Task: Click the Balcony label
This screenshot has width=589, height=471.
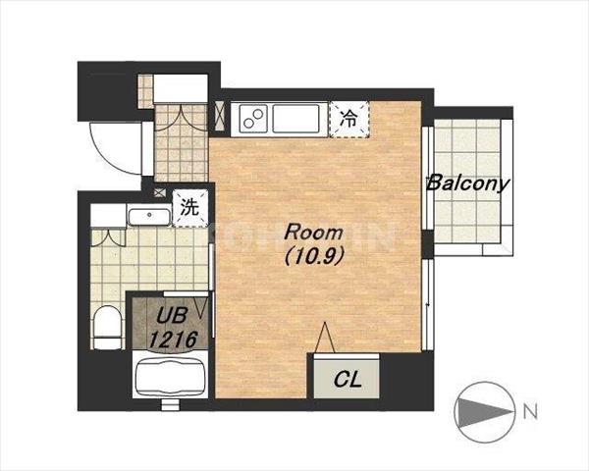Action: tap(468, 183)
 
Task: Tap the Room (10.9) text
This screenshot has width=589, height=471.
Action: tap(314, 244)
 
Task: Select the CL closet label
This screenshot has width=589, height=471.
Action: tap(348, 380)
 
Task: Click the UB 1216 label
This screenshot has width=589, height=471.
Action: tap(173, 328)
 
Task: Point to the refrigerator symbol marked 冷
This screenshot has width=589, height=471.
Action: tap(349, 119)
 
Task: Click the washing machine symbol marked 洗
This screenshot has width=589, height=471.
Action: tap(190, 208)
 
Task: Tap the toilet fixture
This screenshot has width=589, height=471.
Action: tap(107, 327)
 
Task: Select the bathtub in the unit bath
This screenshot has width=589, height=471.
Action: tap(171, 377)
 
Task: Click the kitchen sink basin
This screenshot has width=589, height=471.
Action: tap(296, 119)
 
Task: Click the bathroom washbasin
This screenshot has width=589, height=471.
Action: tap(149, 217)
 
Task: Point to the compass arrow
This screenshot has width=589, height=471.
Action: tap(485, 412)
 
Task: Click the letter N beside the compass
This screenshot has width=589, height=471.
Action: tap(530, 411)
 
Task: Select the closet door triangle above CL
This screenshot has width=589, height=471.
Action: tap(325, 338)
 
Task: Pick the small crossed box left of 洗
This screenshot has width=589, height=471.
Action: tap(160, 192)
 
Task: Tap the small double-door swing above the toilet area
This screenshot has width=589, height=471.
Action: tap(108, 237)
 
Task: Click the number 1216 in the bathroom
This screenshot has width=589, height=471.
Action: tap(173, 340)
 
